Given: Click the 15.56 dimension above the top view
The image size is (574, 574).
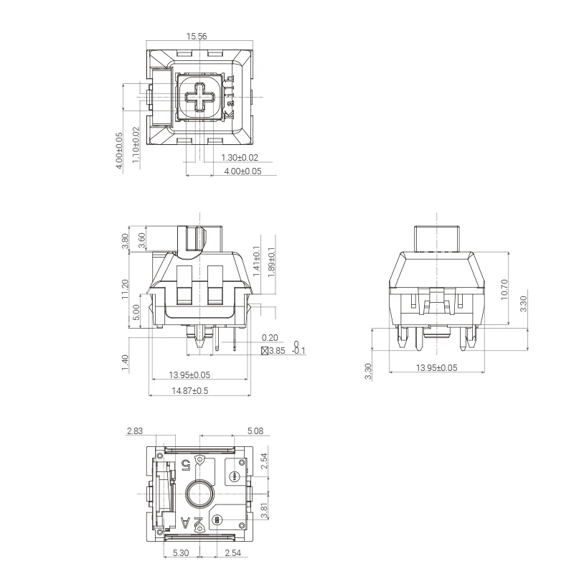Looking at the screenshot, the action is point(197,37).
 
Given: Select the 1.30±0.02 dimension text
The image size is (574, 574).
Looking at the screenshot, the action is point(240,158).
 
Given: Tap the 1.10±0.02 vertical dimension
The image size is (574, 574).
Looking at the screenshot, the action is point(136,145).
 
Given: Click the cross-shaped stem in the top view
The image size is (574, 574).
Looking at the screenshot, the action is point(200,97).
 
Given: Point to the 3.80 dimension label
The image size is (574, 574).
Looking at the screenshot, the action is point(125,241).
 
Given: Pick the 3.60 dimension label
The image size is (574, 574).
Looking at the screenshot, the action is point(142,240).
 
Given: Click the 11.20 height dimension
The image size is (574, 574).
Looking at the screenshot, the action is point(125,289).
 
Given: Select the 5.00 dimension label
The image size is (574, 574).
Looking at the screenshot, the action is point(136,312).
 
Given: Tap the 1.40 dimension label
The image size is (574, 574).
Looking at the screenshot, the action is point(125,362).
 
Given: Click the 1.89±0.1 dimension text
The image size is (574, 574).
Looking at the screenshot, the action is point(271,262).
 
